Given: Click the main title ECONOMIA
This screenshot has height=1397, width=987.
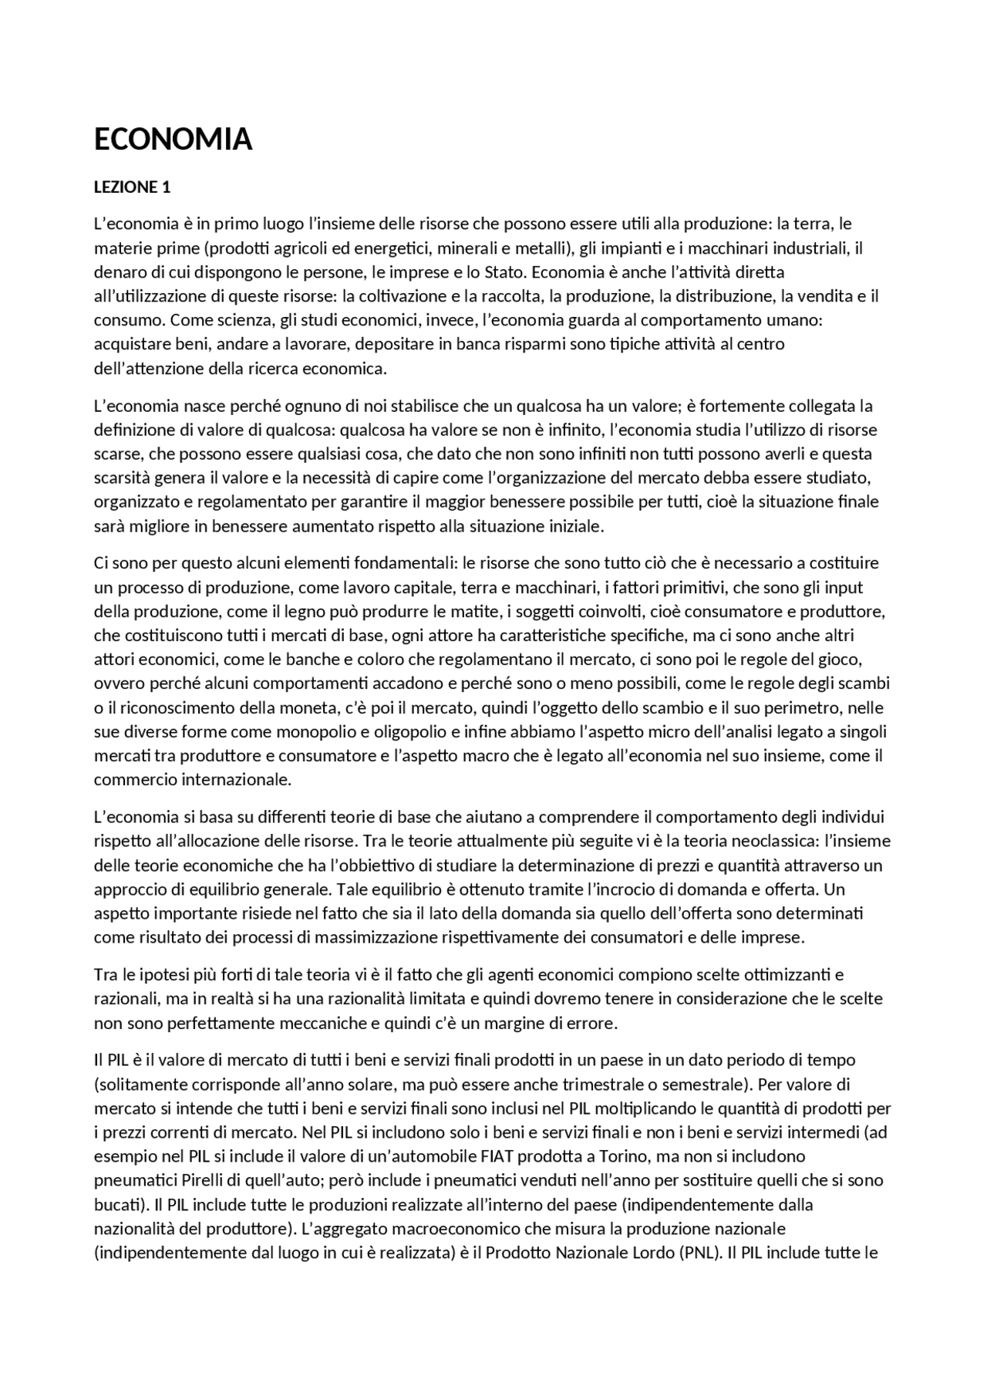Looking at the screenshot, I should click(173, 140).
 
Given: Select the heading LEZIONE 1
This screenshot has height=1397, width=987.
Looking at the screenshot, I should click(131, 187).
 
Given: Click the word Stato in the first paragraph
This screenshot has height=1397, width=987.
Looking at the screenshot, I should click(503, 272).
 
